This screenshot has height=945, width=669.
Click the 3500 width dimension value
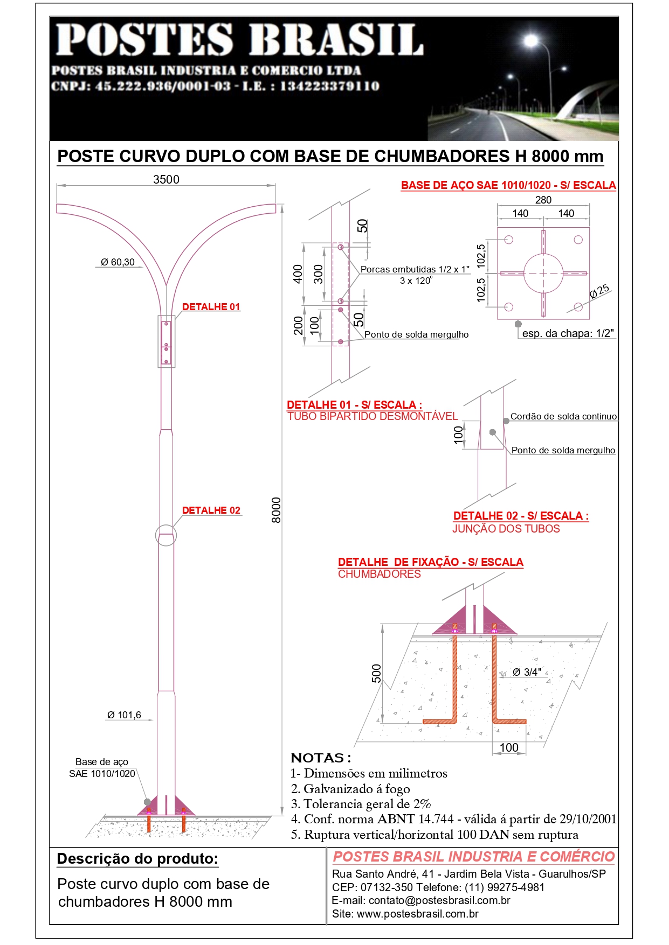(x=166, y=180)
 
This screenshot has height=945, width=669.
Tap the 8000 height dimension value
(x=276, y=510)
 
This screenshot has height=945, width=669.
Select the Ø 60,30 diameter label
(x=118, y=262)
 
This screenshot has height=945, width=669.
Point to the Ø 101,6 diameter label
(x=124, y=715)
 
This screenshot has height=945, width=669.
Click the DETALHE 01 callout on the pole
(x=211, y=307)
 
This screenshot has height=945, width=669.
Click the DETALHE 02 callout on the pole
(x=211, y=510)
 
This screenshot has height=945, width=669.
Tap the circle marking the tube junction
(x=165, y=535)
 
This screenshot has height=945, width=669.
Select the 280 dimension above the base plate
(x=543, y=200)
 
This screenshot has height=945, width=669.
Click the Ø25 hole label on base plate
(x=599, y=291)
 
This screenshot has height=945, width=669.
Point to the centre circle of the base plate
(x=543, y=273)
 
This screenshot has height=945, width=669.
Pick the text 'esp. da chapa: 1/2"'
(x=568, y=333)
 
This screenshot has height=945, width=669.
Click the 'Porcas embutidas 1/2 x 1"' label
(x=415, y=269)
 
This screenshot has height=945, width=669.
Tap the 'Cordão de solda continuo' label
(x=563, y=416)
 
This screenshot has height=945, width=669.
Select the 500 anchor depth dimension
(x=376, y=673)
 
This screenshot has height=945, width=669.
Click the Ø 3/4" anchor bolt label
(x=527, y=672)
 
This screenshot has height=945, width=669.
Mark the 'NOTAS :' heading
(x=321, y=758)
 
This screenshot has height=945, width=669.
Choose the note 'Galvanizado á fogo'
(x=356, y=789)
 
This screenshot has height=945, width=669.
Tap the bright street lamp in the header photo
(x=531, y=40)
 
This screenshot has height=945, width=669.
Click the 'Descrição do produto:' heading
(x=137, y=859)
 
